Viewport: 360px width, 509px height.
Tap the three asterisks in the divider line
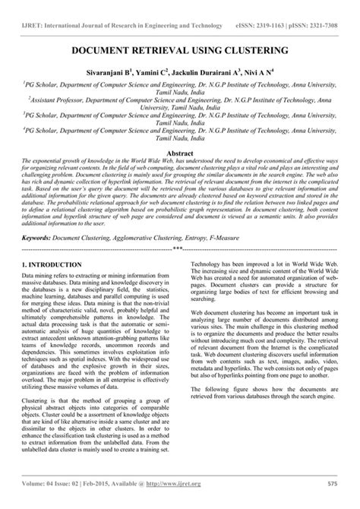pos(177,248)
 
